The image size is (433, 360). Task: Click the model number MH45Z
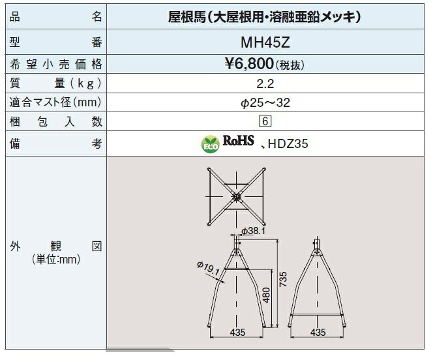click(x=265, y=42)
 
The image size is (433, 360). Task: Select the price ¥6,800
click(x=249, y=64)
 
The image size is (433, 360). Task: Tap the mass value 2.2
click(x=265, y=83)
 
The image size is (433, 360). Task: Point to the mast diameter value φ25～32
click(x=265, y=103)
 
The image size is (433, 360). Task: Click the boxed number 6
click(x=265, y=121)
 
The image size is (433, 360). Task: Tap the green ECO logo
click(x=211, y=144)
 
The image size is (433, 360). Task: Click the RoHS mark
click(x=238, y=140)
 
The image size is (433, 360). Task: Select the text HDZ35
click(x=288, y=144)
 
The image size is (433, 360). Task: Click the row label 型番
click(x=56, y=42)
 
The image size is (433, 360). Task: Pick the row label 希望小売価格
click(x=56, y=64)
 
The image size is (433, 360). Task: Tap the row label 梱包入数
click(x=56, y=121)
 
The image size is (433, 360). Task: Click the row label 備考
click(x=56, y=144)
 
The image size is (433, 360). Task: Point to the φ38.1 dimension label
click(x=253, y=231)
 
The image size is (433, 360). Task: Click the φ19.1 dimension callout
click(x=208, y=268)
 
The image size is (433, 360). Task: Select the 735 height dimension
click(x=283, y=279)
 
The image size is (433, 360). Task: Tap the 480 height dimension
click(x=266, y=295)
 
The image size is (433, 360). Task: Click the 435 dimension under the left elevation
click(x=237, y=332)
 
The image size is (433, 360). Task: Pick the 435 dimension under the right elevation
click(x=318, y=332)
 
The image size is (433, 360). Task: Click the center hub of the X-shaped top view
click(x=236, y=197)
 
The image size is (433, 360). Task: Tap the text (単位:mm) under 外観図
click(x=56, y=259)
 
